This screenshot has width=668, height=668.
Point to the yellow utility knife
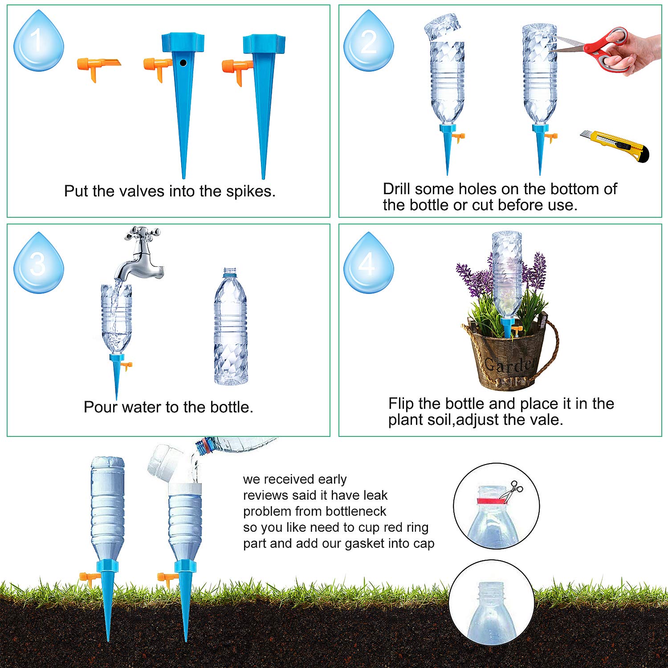(615, 146)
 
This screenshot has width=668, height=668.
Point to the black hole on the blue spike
(183, 63)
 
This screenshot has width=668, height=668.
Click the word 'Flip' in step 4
(401, 403)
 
